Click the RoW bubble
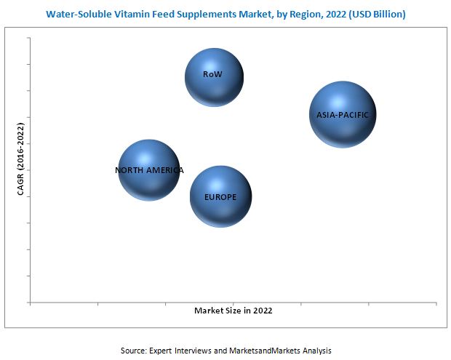tap(213, 76)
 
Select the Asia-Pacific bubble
tap(343, 115)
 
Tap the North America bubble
tap(149, 170)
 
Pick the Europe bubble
tap(220, 195)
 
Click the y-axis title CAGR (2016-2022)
tap(20, 159)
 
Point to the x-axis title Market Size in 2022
tap(233, 311)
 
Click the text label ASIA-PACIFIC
tap(343, 115)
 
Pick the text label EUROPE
tap(220, 196)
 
